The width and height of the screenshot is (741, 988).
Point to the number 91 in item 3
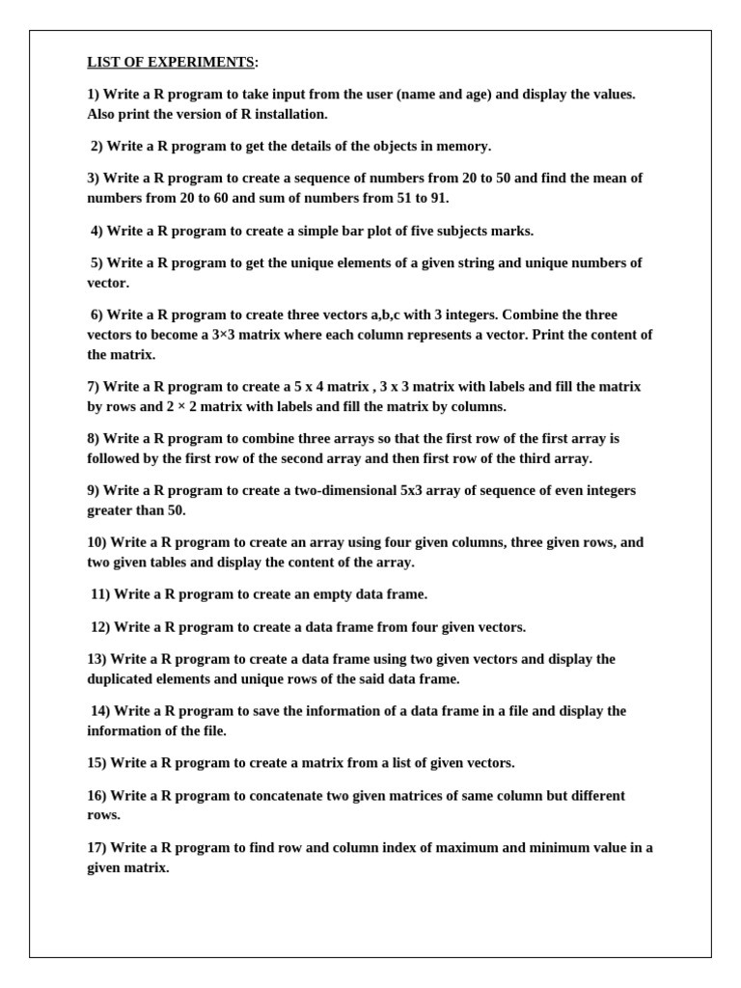437,199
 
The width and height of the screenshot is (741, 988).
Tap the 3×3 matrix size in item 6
228,335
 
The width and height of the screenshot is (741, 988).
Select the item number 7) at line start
94,387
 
